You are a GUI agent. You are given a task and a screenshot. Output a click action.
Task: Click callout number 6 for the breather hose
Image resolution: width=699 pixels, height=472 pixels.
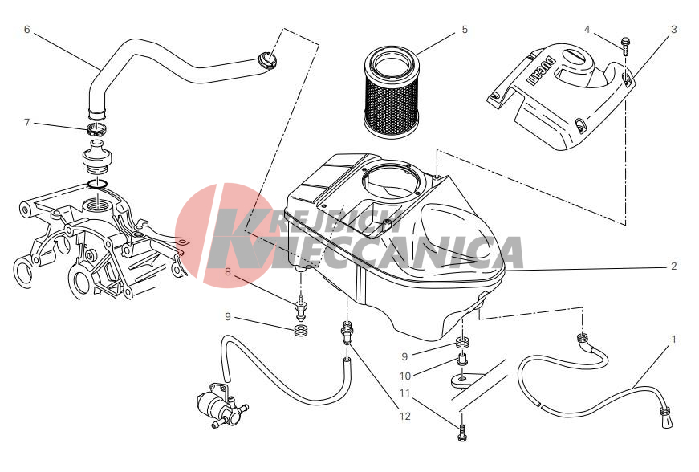click(x=27, y=30)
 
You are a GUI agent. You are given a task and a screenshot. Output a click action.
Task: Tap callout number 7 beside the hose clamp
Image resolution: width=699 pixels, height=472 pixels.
click(x=26, y=122)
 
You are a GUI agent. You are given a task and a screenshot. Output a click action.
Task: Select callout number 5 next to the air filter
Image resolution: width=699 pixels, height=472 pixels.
click(x=465, y=30)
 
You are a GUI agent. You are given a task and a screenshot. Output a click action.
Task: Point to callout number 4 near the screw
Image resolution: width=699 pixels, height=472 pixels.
click(x=587, y=30)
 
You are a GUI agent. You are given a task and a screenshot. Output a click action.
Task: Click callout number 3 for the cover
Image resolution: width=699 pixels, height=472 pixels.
click(x=673, y=30)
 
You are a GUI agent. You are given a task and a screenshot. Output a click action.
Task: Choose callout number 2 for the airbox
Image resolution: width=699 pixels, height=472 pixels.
click(x=673, y=266)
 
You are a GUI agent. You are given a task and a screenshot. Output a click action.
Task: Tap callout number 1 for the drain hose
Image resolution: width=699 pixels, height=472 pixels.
click(x=673, y=340)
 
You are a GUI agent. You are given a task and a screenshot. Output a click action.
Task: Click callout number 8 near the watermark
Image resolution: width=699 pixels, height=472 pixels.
click(x=228, y=271)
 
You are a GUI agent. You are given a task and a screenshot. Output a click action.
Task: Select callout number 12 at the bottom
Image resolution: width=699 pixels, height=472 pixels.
click(x=404, y=417)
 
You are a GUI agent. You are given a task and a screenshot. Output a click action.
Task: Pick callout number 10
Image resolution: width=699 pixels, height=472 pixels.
click(x=404, y=376)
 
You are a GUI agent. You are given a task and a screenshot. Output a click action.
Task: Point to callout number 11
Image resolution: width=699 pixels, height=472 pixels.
click(x=404, y=393)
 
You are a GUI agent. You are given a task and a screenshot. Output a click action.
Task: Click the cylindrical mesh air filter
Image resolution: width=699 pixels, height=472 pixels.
click(x=392, y=92)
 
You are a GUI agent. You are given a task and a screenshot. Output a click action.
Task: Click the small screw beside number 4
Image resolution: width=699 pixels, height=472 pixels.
click(x=625, y=46)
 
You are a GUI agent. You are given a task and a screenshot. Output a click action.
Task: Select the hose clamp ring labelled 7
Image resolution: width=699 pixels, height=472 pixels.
click(x=97, y=131)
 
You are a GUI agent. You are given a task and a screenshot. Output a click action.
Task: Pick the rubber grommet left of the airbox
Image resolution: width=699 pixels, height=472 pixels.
click(x=302, y=332)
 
